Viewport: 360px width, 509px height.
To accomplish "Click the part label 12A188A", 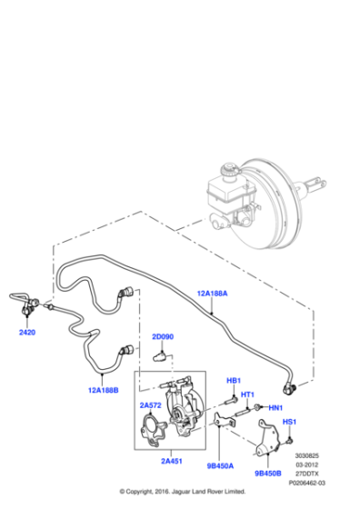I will click(x=212, y=294).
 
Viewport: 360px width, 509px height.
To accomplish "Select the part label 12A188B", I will click(x=105, y=391).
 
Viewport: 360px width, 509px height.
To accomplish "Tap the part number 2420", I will click(x=27, y=333).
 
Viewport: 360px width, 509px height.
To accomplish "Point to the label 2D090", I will click(x=163, y=337).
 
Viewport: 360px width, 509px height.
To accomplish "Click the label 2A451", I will click(x=173, y=461).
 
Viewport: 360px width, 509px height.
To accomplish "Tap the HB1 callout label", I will click(x=233, y=380).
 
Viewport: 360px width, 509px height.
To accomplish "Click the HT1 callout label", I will click(x=246, y=394).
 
